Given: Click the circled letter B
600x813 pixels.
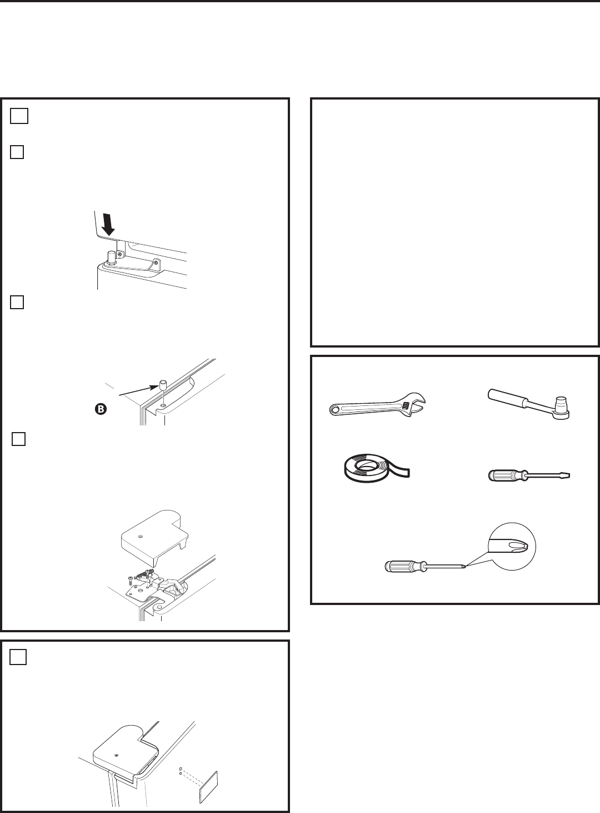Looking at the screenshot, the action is (x=101, y=409).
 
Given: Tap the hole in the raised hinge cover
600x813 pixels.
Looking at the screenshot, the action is (x=141, y=536).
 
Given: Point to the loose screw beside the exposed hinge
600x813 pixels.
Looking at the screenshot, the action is (x=131, y=580).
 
